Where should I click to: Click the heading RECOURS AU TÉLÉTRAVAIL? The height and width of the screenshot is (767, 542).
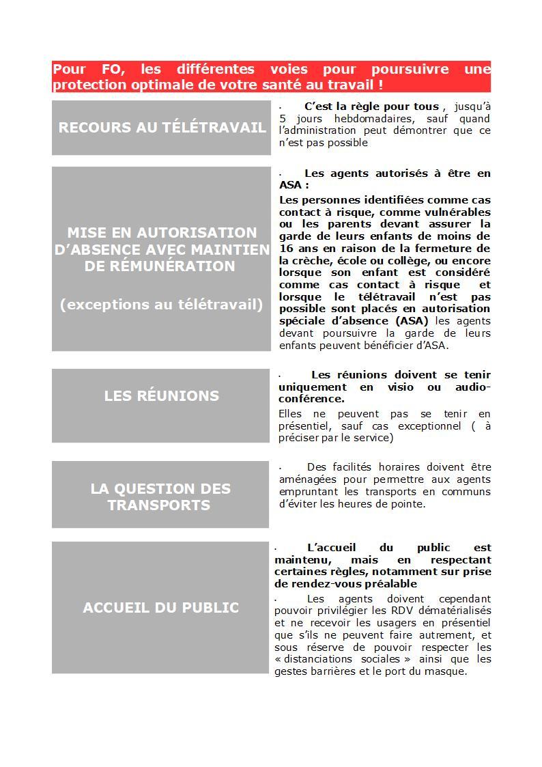[162, 127]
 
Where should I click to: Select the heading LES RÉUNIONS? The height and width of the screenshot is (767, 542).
[161, 395]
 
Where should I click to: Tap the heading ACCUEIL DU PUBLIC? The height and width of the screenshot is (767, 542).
[160, 607]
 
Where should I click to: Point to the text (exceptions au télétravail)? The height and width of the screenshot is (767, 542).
[161, 305]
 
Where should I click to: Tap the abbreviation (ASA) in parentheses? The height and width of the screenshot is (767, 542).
[412, 321]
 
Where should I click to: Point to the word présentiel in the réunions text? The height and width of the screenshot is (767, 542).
[304, 426]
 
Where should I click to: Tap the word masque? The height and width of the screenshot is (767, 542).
[447, 671]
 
